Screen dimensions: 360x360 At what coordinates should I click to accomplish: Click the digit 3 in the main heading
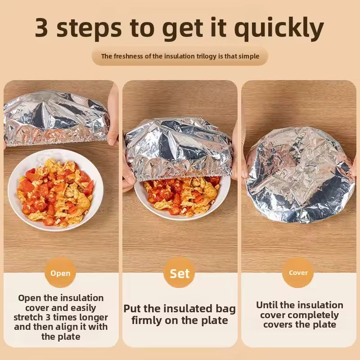[42, 27]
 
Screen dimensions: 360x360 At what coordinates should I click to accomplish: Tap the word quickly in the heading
[279, 29]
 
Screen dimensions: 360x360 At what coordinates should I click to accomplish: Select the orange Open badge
[60, 273]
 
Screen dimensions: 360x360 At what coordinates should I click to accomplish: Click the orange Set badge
[179, 273]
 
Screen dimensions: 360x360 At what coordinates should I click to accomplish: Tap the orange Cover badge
[298, 273]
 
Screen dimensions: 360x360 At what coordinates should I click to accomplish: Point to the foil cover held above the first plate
[56, 118]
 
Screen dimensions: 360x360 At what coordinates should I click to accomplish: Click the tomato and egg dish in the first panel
[55, 193]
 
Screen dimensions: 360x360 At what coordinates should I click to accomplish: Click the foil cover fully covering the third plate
[300, 175]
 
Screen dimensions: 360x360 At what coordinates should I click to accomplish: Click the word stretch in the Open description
[28, 318]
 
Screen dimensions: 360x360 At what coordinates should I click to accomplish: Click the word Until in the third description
[266, 305]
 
